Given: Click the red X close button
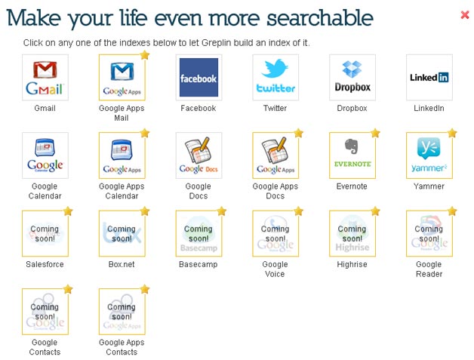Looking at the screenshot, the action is tap(465, 14).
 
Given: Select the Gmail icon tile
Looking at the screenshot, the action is tap(45, 78).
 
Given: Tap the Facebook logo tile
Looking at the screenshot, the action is tap(199, 78).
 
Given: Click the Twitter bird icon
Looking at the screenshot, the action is tap(275, 69).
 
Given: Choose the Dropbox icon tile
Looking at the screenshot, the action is tap(352, 78).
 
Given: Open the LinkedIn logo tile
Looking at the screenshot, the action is tap(429, 78).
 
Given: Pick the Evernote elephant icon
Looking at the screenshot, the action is tap(352, 146).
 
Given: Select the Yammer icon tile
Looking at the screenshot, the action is tap(429, 155).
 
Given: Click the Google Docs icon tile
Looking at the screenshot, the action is tap(199, 155).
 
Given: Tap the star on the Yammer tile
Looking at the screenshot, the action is tap(452, 133).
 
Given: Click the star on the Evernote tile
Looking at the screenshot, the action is tap(375, 133).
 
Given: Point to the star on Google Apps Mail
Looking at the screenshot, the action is tap(145, 55).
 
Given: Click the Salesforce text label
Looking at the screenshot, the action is tap(45, 264).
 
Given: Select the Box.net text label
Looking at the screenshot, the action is tap(122, 264).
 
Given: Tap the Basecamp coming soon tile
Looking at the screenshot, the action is tap(199, 233).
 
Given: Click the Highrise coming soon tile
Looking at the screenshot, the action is tap(352, 233).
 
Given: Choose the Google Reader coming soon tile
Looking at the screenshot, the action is tap(429, 233).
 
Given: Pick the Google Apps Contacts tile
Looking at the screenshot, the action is tap(122, 312).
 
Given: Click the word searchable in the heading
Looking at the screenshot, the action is tap(320, 18).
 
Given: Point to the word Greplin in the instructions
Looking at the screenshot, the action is tap(216, 43).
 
